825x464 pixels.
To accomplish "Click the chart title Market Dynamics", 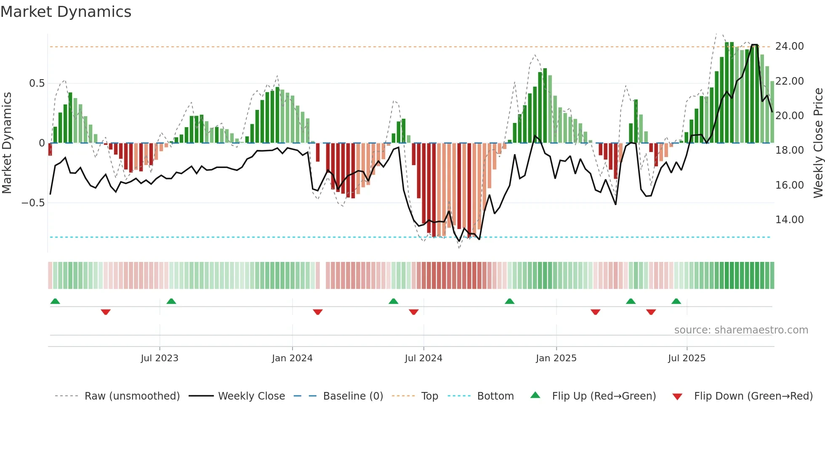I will pyautogui.click(x=66, y=12).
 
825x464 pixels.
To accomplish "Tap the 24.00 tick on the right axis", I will pyautogui.click(x=789, y=46).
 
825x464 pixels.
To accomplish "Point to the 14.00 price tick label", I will pyautogui.click(x=789, y=220).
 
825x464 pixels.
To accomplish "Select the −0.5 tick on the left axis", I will pyautogui.click(x=33, y=203).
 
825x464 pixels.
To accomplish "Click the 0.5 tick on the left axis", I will pyautogui.click(x=37, y=83).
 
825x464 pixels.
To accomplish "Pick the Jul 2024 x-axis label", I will pyautogui.click(x=423, y=358).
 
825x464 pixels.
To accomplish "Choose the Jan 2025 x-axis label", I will pyautogui.click(x=556, y=358).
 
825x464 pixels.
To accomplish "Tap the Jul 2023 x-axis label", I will pyautogui.click(x=160, y=358).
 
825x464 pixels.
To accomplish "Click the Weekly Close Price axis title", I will pyautogui.click(x=818, y=143).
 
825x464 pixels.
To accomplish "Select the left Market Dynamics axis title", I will pyautogui.click(x=7, y=143).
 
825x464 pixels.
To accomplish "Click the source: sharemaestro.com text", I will pyautogui.click(x=741, y=330).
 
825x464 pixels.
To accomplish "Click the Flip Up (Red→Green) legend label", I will pyautogui.click(x=604, y=396).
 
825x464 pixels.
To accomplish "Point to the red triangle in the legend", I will pyautogui.click(x=677, y=397).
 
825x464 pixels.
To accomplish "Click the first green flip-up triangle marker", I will pyautogui.click(x=55, y=301).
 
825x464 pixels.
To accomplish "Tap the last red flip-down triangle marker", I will pyautogui.click(x=651, y=312).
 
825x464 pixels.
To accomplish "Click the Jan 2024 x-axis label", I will pyautogui.click(x=292, y=358).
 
